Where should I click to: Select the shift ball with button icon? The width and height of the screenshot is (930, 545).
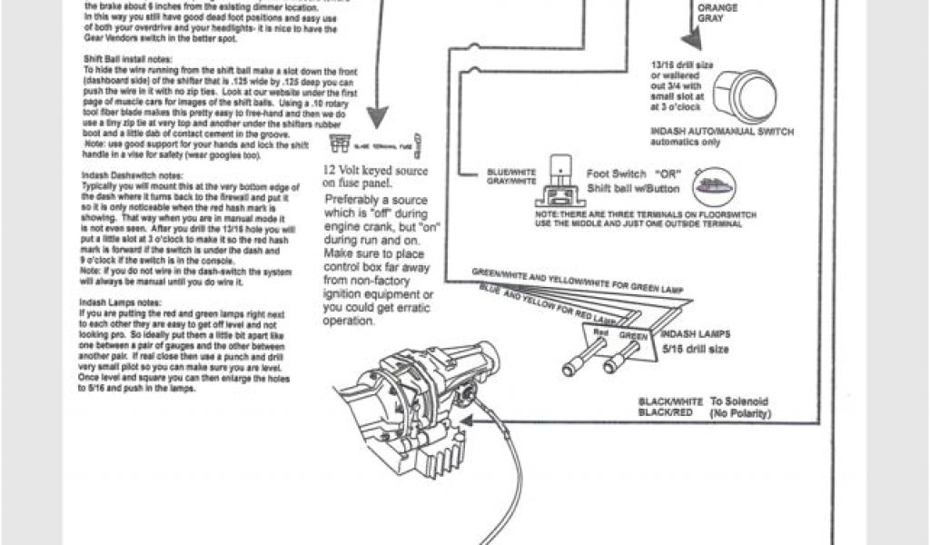click(x=716, y=187)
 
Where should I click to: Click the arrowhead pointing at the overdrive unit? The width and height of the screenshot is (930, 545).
click(x=471, y=418)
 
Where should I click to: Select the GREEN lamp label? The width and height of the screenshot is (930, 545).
click(x=635, y=335)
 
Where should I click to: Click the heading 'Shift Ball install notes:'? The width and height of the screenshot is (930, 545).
click(x=122, y=58)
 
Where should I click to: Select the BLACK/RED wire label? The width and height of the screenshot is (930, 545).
click(x=666, y=412)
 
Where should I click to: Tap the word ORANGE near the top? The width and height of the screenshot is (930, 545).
click(x=717, y=8)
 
